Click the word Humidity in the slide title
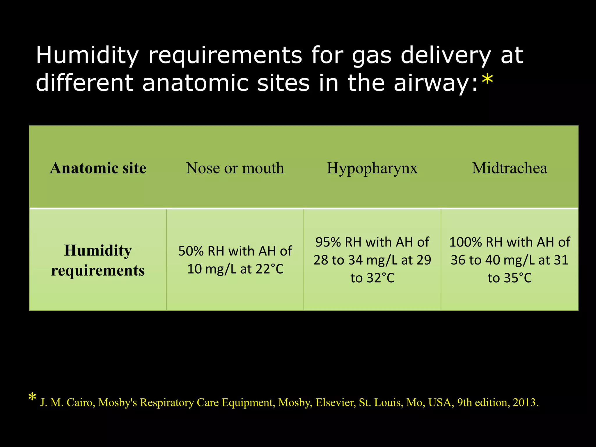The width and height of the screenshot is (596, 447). point(87,56)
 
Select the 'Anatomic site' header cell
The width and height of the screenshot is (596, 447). point(98,168)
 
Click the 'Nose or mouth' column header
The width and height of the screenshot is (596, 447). point(235,168)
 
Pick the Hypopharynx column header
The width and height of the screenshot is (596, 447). point(372,168)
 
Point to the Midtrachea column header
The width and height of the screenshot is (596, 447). point(510,168)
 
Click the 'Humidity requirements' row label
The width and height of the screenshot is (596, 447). point(98,260)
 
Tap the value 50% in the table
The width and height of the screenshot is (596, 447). point(191,251)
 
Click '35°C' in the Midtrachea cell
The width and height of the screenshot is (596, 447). point(518,278)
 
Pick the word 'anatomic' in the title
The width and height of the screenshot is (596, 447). point(195,83)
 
